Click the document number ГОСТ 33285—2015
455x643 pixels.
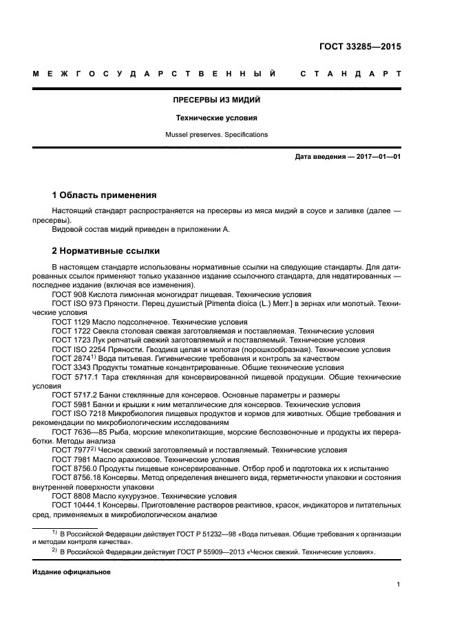360,47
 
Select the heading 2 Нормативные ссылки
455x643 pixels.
105,251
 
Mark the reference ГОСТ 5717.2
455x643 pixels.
73,395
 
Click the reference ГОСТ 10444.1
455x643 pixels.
76,505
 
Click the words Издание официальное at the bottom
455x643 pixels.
72,571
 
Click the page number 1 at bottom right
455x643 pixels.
399,585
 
